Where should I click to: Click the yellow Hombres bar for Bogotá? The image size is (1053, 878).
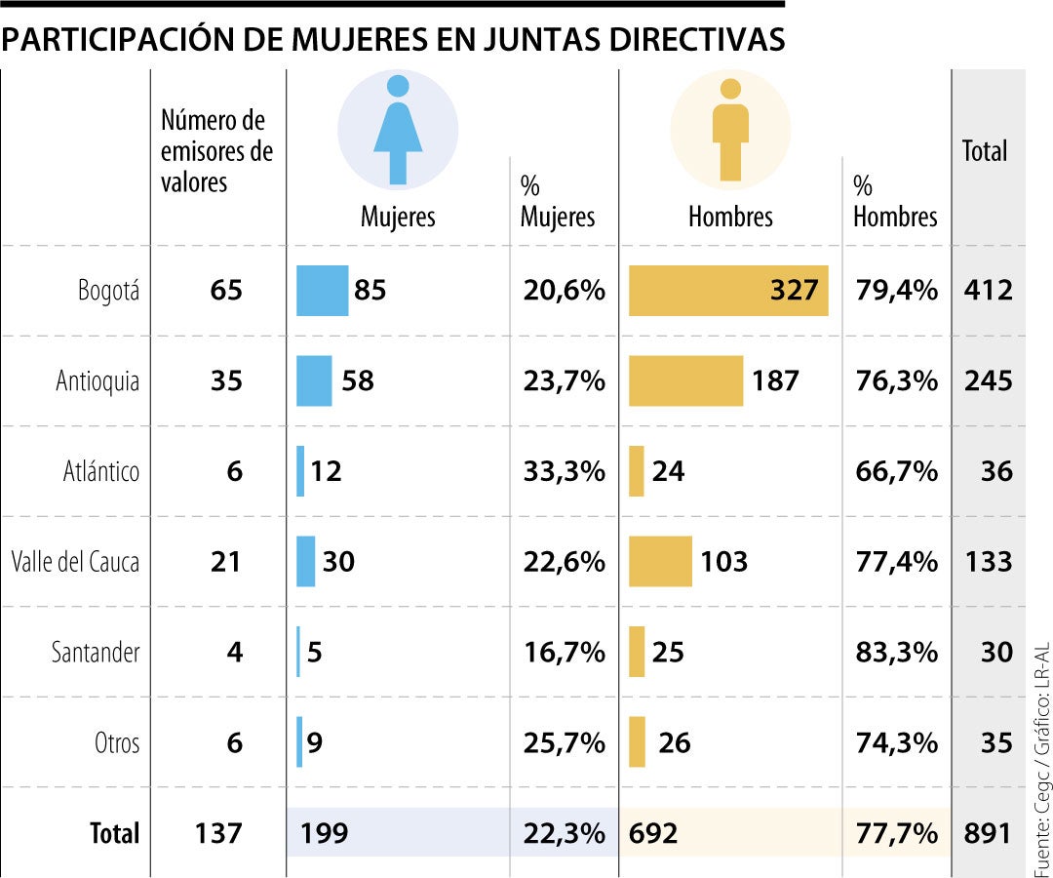pos(727,291)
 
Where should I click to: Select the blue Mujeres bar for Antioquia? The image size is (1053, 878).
pos(314,380)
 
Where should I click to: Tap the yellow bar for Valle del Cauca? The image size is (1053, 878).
pos(660,561)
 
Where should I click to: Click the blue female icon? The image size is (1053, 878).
pos(398,130)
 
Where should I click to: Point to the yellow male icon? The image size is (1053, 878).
pos(730,130)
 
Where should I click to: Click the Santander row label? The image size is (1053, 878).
pos(96,652)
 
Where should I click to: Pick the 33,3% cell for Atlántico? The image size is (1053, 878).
pos(563,472)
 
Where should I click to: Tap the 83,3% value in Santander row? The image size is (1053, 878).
pos(896,652)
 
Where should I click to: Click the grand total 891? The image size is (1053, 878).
pos(989,833)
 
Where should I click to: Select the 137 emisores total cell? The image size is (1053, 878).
pos(217,833)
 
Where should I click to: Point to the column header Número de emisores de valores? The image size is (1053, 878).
pos(216,151)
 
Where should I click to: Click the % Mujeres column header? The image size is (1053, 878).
pos(557,202)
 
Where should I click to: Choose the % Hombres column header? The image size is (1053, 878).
pos(894,202)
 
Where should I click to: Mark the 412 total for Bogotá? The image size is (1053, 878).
pos(989,291)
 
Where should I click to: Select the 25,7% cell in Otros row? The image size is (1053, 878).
pos(563,742)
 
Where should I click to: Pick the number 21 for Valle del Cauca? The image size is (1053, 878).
pos(226,562)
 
